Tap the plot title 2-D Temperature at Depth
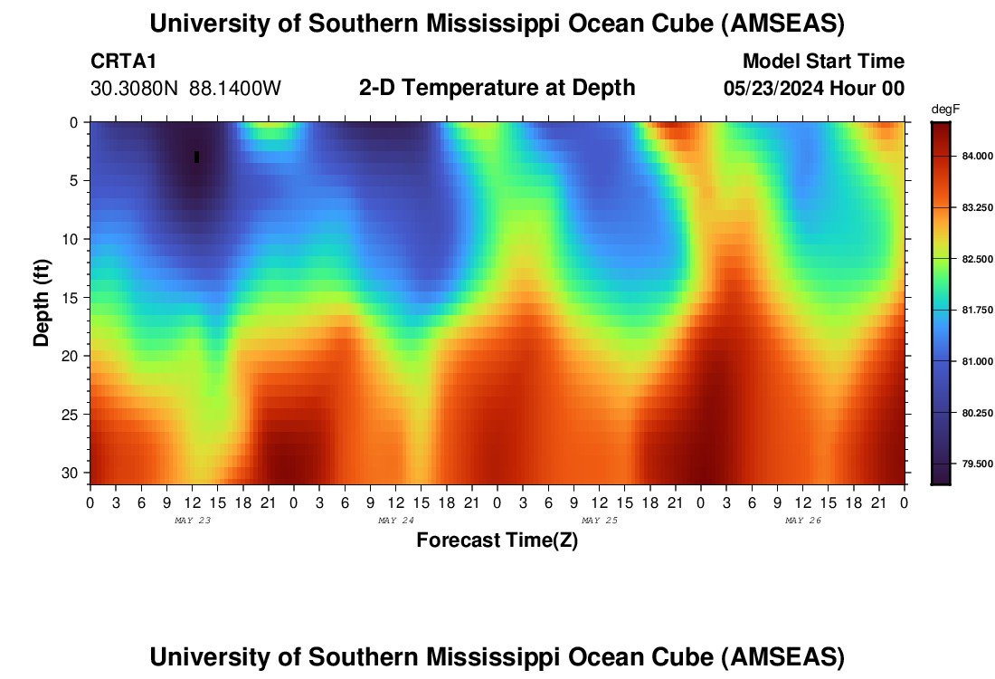[x=497, y=88]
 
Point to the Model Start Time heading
[x=823, y=62]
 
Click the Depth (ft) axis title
[x=41, y=299]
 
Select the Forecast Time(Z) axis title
[x=497, y=540]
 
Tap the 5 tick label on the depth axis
[x=75, y=180]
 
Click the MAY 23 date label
[x=192, y=521]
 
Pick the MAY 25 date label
[x=599, y=521]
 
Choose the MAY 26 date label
[x=802, y=521]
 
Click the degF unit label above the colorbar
[x=945, y=110]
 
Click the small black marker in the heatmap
[x=196, y=157]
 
